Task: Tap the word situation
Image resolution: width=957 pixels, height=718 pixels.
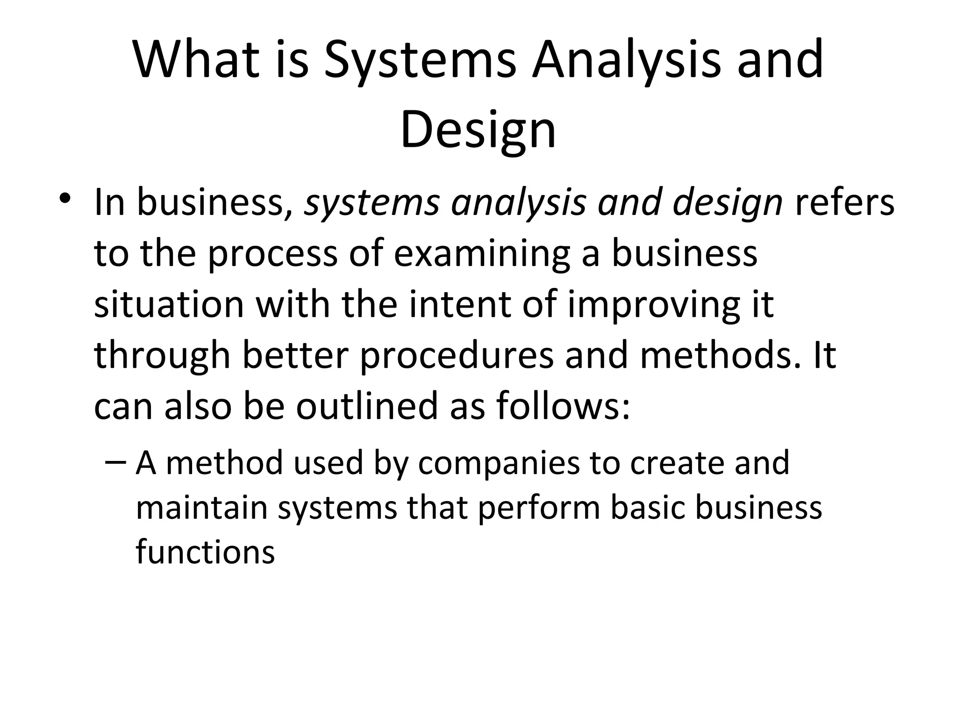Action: click(169, 305)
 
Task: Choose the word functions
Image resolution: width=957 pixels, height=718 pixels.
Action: click(205, 552)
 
